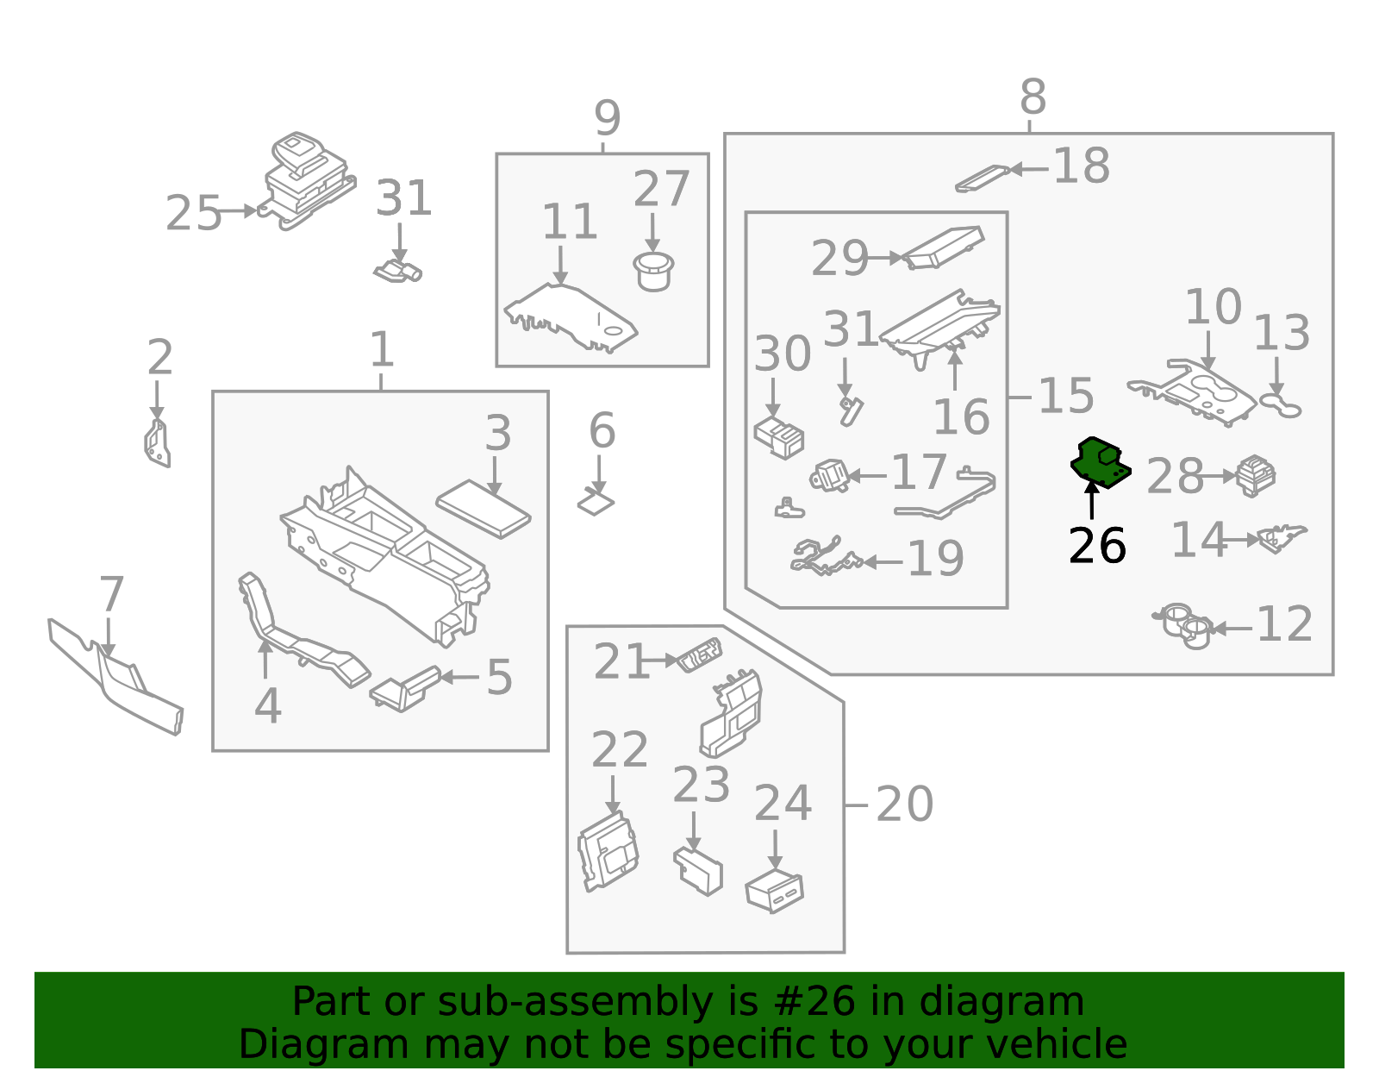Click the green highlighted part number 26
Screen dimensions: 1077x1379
(x=1099, y=462)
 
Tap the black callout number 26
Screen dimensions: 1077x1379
(x=1096, y=546)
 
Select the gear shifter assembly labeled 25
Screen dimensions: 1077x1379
(x=306, y=179)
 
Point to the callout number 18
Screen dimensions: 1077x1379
(x=1081, y=166)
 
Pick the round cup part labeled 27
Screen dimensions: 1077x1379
(x=653, y=271)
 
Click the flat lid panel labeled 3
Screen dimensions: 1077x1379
(x=483, y=509)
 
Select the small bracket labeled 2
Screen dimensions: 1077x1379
(x=157, y=443)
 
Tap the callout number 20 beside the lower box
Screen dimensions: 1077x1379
(x=904, y=805)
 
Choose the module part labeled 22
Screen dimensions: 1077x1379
(x=608, y=850)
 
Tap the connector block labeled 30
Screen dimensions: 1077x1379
(x=779, y=436)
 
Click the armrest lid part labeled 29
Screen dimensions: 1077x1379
(x=943, y=247)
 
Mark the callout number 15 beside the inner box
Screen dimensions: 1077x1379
(x=1065, y=396)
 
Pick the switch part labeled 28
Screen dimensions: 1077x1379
(x=1256, y=476)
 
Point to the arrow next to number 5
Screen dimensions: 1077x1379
(x=459, y=677)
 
